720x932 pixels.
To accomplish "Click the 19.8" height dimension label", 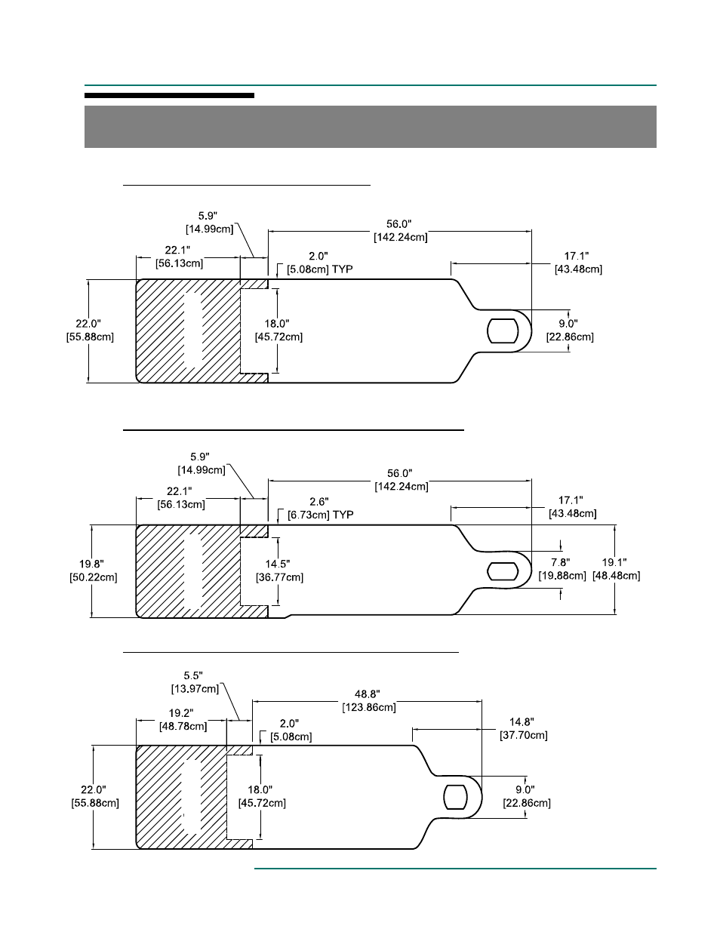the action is coord(91,564).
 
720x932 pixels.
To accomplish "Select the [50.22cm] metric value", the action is coord(94,577).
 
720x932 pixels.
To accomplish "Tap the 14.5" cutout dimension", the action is coord(278,564).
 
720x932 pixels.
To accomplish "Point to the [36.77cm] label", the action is coord(279,577).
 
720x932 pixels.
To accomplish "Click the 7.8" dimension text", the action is coord(561,562).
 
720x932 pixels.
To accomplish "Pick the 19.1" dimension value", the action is coord(614,562).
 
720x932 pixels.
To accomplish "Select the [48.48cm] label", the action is coord(616,576).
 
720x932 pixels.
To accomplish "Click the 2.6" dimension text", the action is coord(319,501).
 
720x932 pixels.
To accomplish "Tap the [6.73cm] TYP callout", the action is coord(320,515).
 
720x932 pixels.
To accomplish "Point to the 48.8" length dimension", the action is coord(367,694).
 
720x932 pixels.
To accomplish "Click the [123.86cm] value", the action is coord(369,707).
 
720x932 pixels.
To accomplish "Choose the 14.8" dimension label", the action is coord(522,722).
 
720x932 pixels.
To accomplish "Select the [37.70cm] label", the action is coord(524,735).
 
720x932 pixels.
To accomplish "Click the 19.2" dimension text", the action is coord(181,713).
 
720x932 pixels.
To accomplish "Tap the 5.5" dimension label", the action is coord(193,675).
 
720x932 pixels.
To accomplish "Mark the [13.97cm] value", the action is coord(195,689).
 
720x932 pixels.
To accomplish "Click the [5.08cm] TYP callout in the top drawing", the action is coord(320,269).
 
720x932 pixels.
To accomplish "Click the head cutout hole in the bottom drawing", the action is coord(455,797).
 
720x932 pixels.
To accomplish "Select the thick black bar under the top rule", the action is coord(169,96).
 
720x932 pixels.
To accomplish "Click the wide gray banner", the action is coord(371,127).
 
